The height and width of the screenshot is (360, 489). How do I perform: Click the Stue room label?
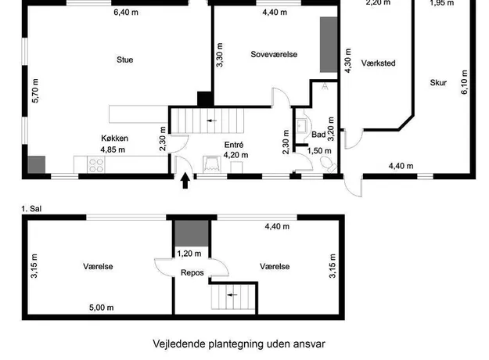point(124,59)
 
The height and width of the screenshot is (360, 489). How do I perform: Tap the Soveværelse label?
point(274,54)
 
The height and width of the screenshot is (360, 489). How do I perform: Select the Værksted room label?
point(378,63)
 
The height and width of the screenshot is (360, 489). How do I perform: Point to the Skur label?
point(438,83)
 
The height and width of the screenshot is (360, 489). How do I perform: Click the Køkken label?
point(114,139)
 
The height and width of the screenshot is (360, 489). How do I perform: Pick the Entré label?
point(234,145)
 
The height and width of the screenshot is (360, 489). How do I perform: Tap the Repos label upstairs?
point(192,272)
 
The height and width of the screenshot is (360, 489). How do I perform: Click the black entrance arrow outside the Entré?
point(185,181)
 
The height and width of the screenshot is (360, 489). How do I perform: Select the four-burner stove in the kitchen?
point(96,164)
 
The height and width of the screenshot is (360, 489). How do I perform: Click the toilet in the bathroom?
point(328,164)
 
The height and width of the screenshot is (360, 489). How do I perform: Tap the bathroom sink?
point(302,126)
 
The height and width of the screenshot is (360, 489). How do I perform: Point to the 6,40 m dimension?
point(126,13)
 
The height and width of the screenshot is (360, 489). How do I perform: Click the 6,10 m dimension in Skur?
point(465,82)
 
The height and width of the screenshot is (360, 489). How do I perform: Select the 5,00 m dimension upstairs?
point(102,308)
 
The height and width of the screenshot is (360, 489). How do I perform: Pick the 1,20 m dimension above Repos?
point(189,254)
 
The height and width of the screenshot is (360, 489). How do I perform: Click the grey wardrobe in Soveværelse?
point(329,45)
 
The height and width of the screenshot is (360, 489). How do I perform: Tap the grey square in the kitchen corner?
point(37,164)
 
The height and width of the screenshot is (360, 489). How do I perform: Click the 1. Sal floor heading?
point(31,209)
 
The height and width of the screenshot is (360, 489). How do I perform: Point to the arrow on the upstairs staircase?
point(232,294)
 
